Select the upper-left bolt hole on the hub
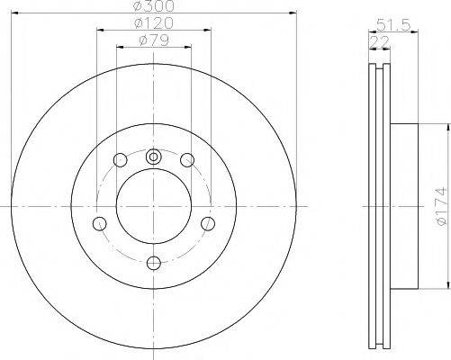point(120,160)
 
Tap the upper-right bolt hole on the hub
point(187,160)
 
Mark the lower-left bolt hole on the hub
point(100,222)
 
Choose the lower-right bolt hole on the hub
point(207,222)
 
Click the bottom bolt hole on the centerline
point(153,262)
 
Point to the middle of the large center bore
point(153,208)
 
